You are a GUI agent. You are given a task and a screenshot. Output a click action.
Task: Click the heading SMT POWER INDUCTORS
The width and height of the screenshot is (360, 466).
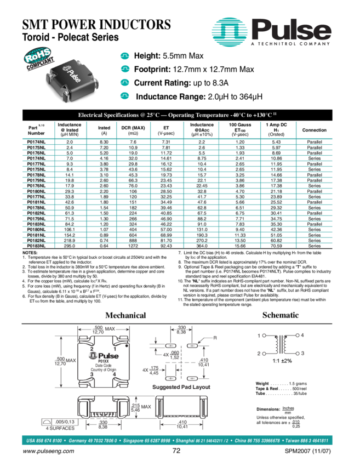click(96, 24)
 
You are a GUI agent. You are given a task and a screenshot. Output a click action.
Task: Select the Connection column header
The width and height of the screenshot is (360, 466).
click(314, 130)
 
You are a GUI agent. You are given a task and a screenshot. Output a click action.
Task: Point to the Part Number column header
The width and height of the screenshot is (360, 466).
click(37, 130)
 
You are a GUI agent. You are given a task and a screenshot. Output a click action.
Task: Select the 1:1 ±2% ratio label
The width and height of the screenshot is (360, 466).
click(282, 362)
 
